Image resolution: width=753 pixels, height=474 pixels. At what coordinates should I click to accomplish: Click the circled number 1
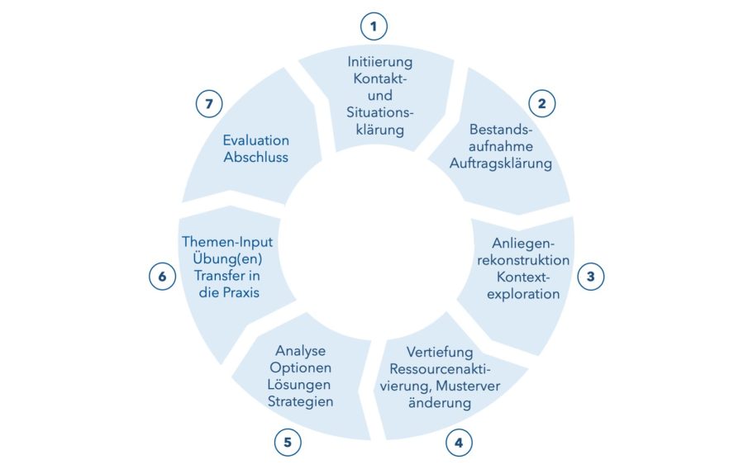point(374,26)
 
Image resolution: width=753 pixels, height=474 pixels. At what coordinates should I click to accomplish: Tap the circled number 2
point(541,103)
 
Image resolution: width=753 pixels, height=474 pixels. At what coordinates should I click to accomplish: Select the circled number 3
point(590,277)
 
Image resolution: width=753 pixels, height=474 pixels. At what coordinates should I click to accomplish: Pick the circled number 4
point(459,443)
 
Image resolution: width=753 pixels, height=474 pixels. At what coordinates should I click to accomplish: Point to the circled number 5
point(288,442)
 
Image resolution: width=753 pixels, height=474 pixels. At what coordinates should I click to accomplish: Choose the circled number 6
point(162,277)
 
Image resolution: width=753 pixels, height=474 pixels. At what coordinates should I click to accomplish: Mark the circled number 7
point(209,103)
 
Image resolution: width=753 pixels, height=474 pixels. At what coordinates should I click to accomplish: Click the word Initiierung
point(380,63)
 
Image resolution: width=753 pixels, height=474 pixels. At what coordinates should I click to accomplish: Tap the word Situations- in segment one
point(380,113)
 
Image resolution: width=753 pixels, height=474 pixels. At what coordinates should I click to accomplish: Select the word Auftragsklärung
point(500,164)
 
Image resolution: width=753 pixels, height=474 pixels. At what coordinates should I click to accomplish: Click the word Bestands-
point(501,130)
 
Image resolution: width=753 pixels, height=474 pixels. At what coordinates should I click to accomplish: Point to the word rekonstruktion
point(523,260)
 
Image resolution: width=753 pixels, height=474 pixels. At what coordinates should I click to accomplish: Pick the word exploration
point(523,294)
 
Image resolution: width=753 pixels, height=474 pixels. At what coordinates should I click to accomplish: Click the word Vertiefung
point(440,353)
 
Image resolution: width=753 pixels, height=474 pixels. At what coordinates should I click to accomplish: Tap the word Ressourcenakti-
point(440,369)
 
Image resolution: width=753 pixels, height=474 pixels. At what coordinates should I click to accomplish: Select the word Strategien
point(300,402)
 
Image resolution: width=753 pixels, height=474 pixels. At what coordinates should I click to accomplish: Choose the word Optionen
point(300,368)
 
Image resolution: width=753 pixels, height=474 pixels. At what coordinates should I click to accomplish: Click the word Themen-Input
point(227,242)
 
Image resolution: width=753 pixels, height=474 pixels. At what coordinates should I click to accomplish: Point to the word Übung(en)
point(227,259)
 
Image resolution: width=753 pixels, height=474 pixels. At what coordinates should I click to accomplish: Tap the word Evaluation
point(256,140)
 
